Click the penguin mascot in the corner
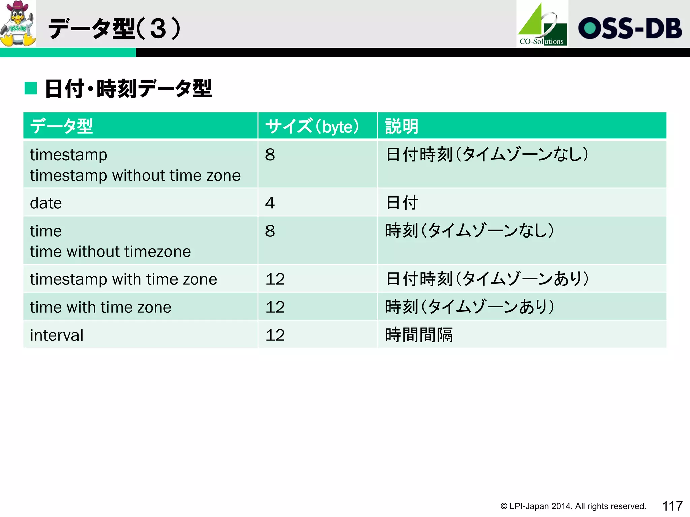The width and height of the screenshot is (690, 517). [x=18, y=24]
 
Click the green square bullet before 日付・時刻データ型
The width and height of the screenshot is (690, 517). [x=31, y=89]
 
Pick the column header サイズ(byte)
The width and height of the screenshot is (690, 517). [x=312, y=127]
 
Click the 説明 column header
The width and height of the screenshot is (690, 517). [x=402, y=127]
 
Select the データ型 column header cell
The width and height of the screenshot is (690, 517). [x=61, y=127]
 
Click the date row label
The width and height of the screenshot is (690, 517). [x=46, y=203]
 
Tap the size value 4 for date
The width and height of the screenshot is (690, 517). [x=270, y=203]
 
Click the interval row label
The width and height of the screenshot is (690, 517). [x=57, y=335]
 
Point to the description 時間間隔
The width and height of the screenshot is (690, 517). [x=419, y=335]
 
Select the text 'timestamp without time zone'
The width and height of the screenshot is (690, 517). [x=135, y=176]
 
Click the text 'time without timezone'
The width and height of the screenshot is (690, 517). [x=110, y=252]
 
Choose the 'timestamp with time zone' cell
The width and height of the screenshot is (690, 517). [x=123, y=279]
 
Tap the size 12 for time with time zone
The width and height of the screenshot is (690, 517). [x=275, y=307]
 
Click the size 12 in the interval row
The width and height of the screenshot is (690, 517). [x=275, y=335]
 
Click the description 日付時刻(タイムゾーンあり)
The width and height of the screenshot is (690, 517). [x=487, y=279]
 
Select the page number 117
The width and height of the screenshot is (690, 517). [x=672, y=506]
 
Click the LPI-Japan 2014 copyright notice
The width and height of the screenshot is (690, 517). [x=573, y=506]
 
